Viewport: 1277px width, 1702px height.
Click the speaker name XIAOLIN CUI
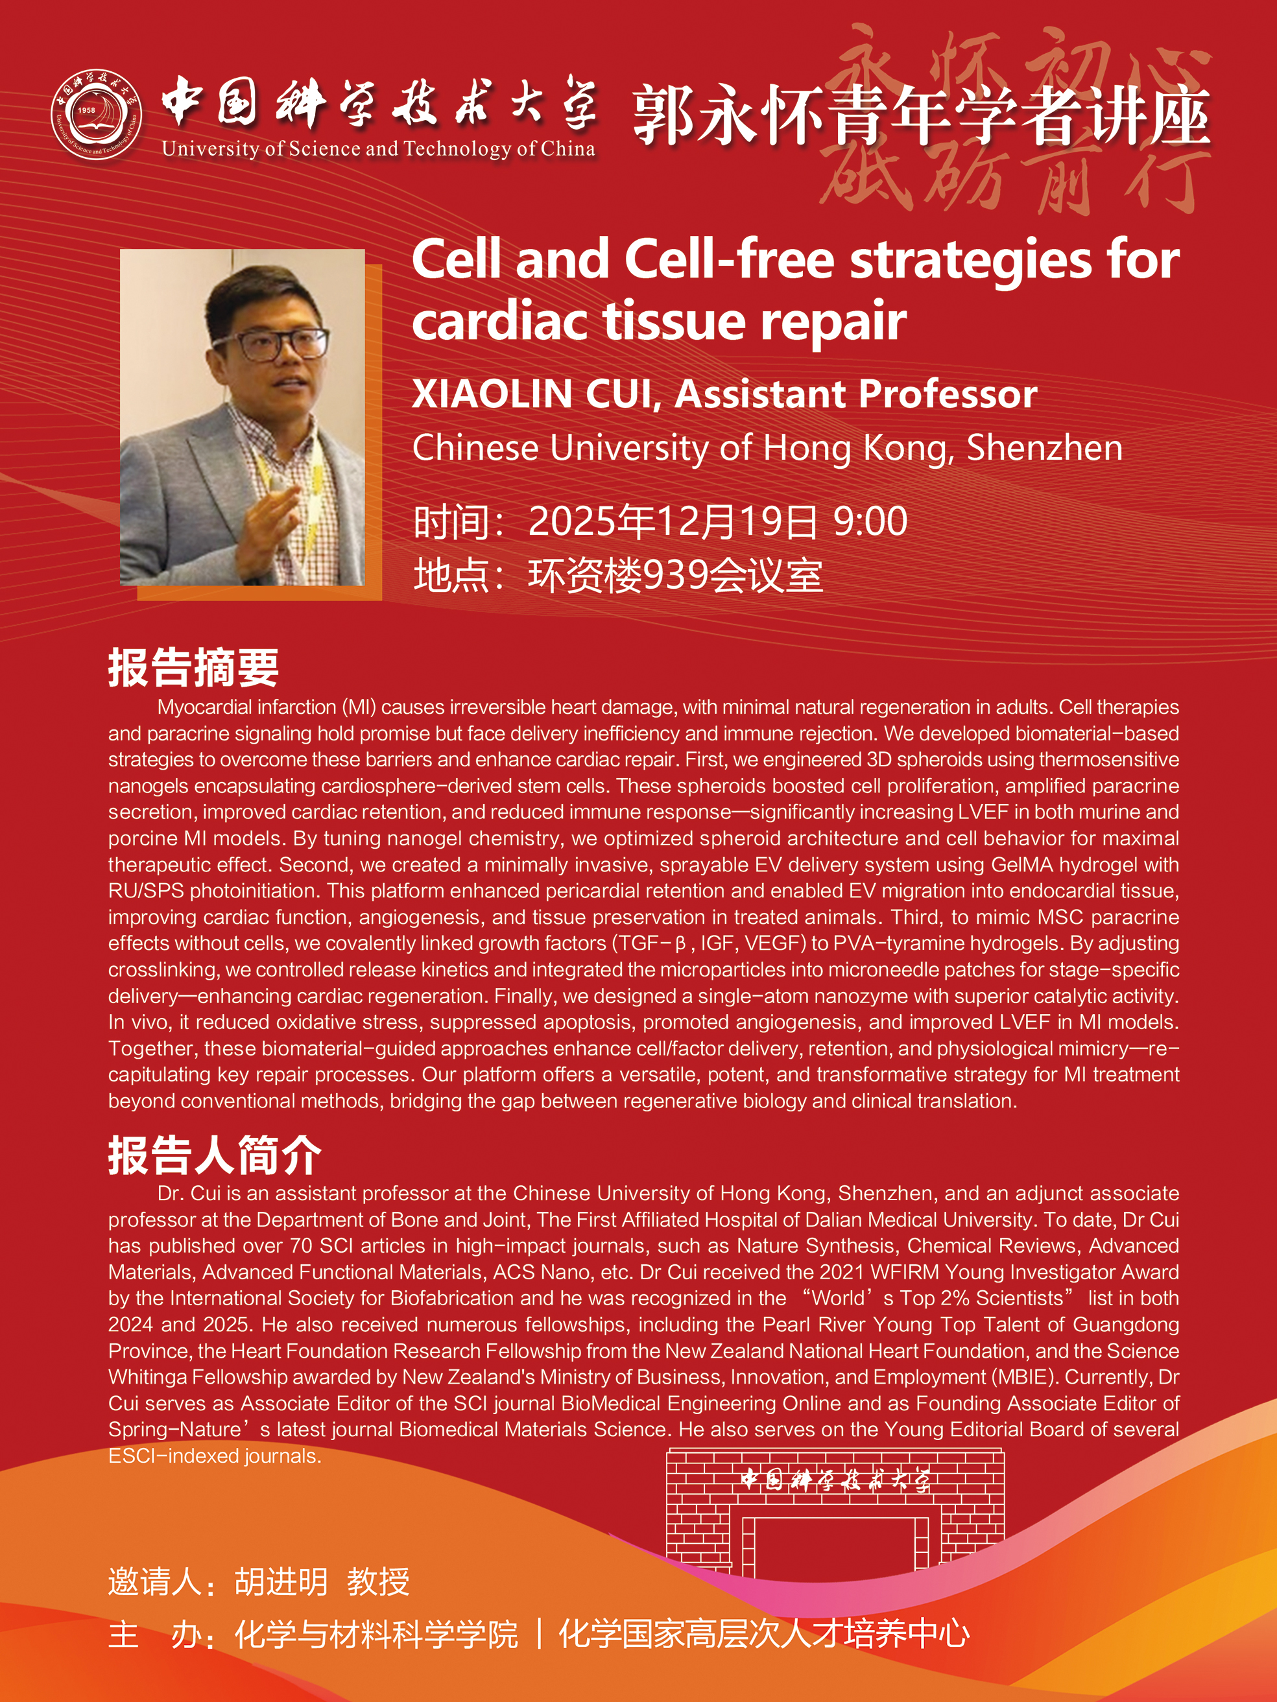pyautogui.click(x=536, y=394)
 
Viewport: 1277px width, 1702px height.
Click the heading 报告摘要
pyautogui.click(x=193, y=667)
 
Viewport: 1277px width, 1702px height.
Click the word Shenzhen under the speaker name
pyautogui.click(x=1045, y=448)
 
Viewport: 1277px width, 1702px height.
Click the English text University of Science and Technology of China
pyautogui.click(x=379, y=148)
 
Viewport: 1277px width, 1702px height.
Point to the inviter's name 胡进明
pyautogui.click(x=281, y=1582)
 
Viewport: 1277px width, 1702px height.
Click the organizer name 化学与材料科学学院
pyautogui.click(x=376, y=1635)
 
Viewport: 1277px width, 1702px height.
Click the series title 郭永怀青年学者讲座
pyautogui.click(x=922, y=115)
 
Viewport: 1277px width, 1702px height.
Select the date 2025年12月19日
pyautogui.click(x=672, y=521)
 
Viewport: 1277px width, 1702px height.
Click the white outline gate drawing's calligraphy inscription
pyautogui.click(x=835, y=1480)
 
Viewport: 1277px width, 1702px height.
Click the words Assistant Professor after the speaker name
pyautogui.click(x=856, y=394)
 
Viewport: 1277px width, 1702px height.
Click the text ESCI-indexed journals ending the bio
pyautogui.click(x=215, y=1456)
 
